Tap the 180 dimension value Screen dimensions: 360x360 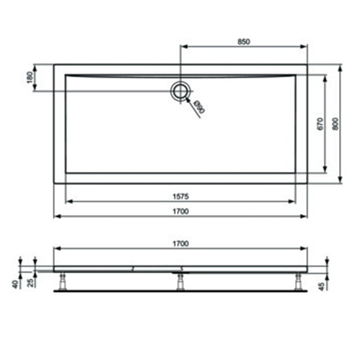pos(30,78)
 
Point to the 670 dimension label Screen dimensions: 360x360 pos(319,123)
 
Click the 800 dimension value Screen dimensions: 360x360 pos(335,123)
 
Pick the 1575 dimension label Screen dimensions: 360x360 pos(181,196)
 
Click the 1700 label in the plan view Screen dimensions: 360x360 pos(181,211)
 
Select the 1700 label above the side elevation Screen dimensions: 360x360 pos(181,243)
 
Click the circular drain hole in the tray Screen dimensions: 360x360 pos(181,91)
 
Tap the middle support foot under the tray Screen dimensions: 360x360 pos(181,282)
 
